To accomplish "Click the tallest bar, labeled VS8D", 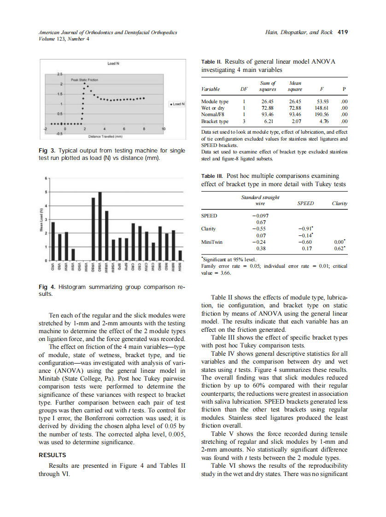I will pyautogui.click(x=100, y=226).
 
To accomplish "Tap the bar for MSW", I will pyautogui.click(x=180, y=256).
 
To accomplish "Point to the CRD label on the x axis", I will pyautogui.click(x=133, y=268).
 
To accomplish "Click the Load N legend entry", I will pyautogui.click(x=177, y=104).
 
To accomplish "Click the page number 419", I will pyautogui.click(x=342, y=32).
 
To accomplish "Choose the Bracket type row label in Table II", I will pyautogui.click(x=215, y=122).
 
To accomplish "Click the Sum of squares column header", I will pyautogui.click(x=267, y=86).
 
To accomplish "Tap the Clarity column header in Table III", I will pyautogui.click(x=339, y=203).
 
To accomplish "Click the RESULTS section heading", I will pyautogui.click(x=52, y=455).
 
